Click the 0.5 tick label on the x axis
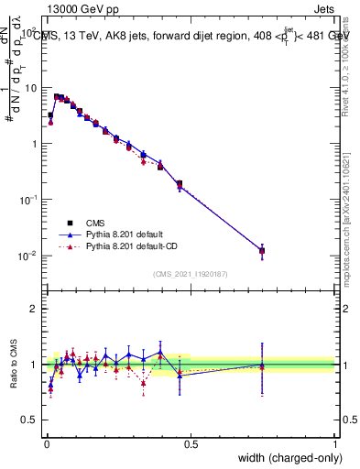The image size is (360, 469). click(191, 443)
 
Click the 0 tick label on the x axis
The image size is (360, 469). click(46, 443)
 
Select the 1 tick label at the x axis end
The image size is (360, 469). click(335, 443)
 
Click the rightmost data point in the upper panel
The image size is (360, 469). click(262, 250)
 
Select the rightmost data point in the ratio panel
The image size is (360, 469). click(262, 365)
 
